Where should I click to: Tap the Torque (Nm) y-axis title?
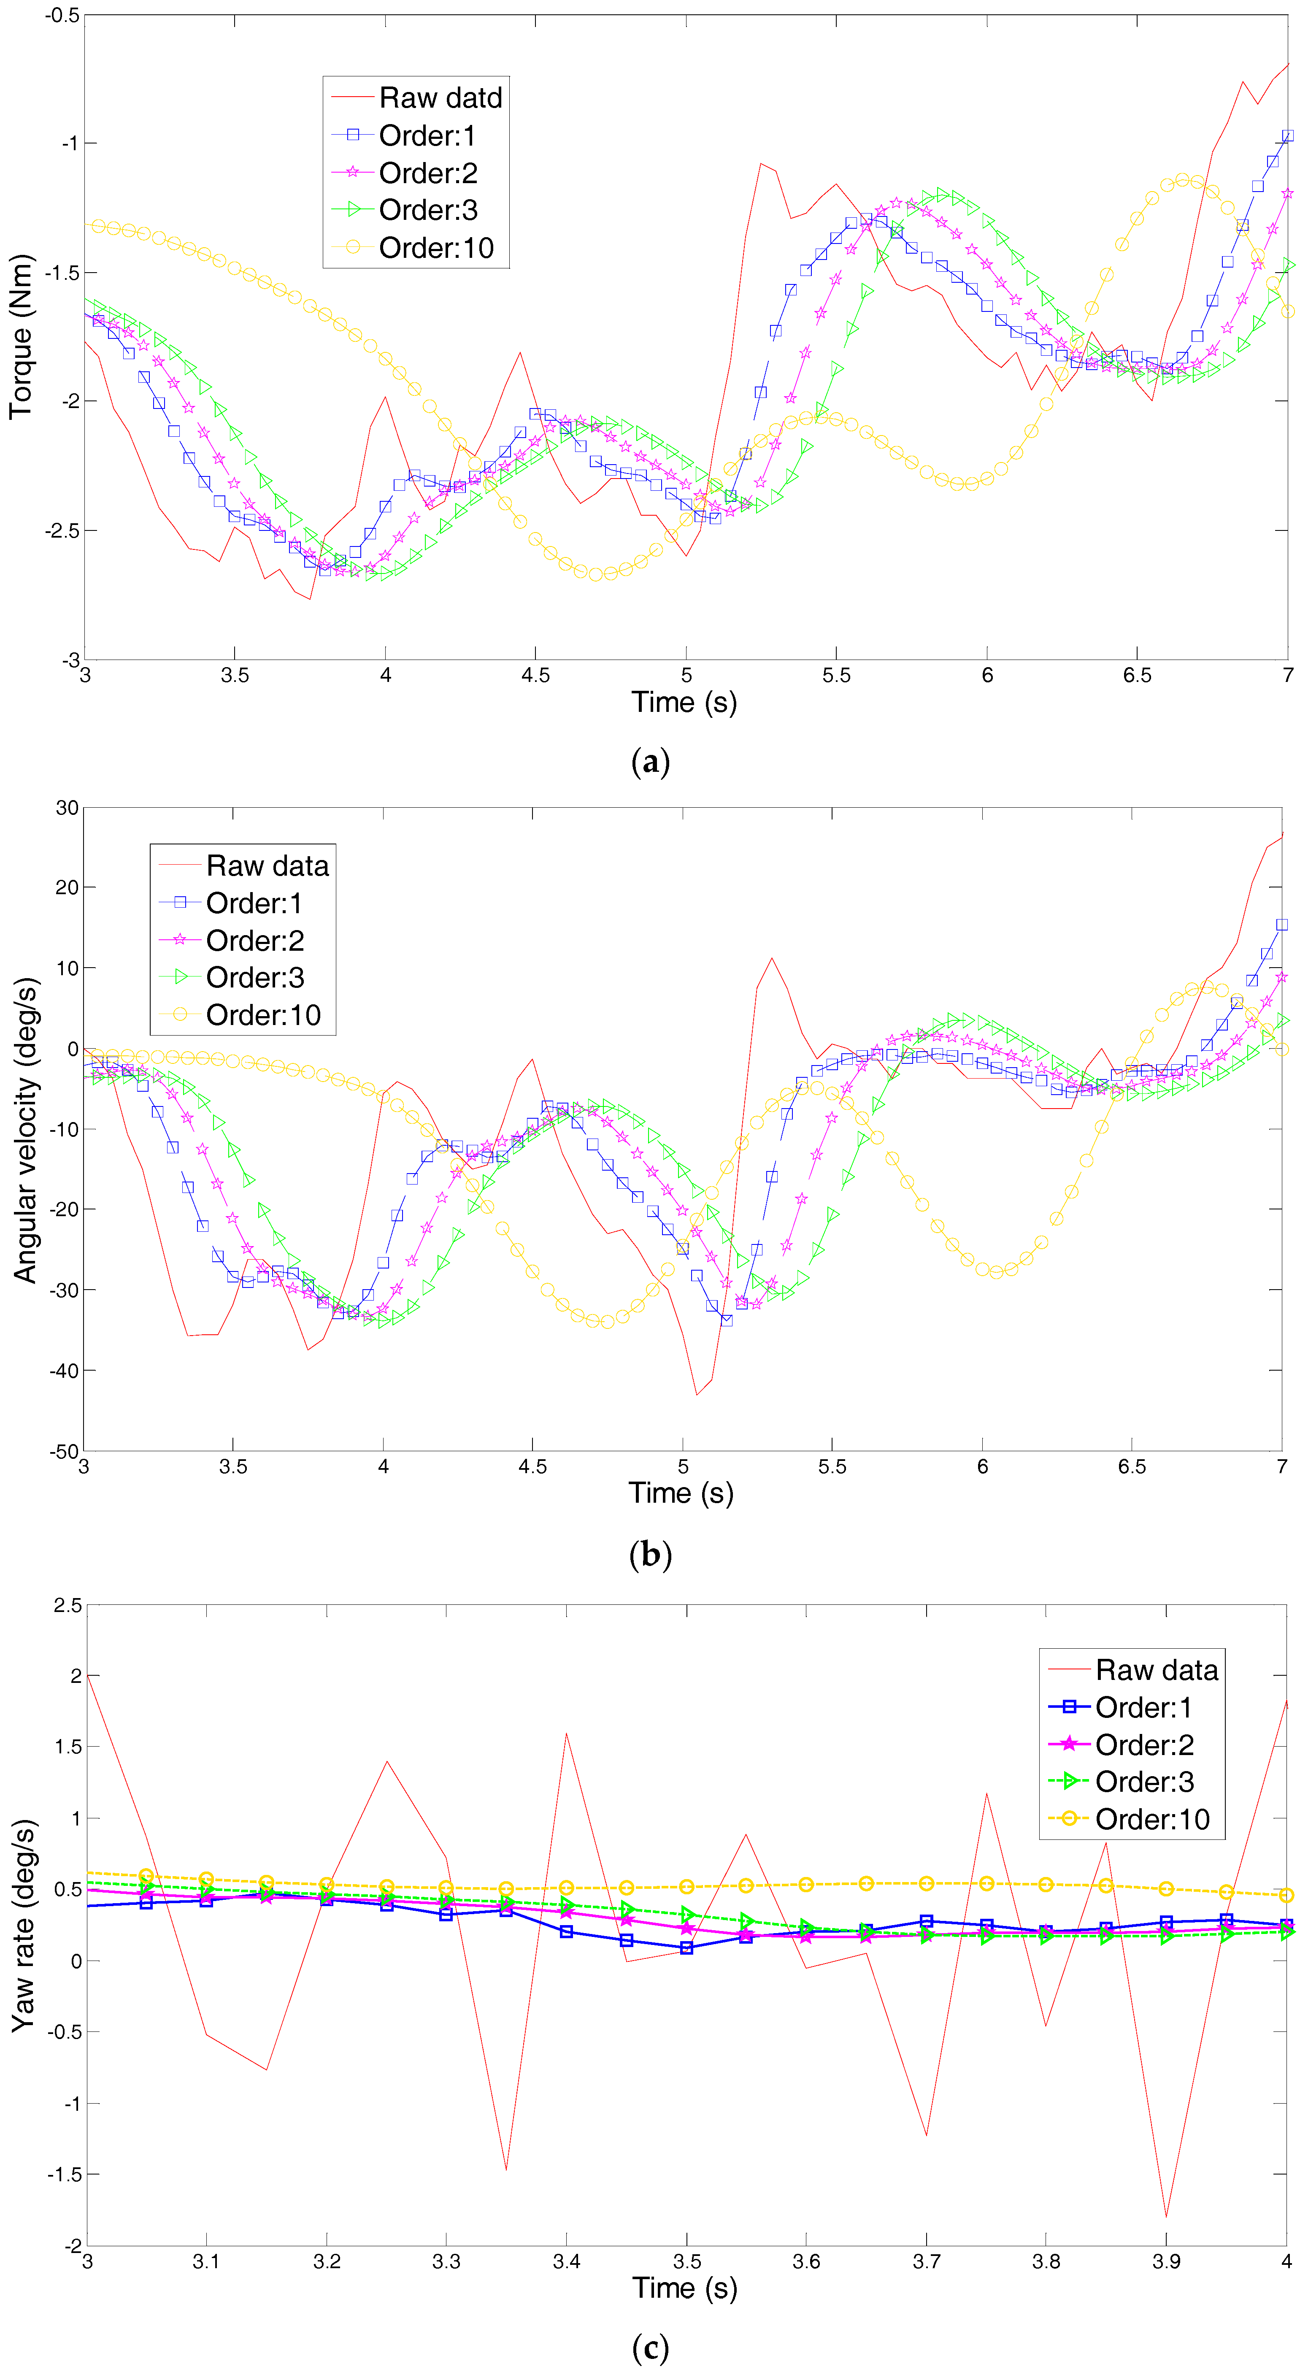pyautogui.click(x=20, y=337)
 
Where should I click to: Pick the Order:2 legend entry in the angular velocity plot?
pyautogui.click(x=254, y=940)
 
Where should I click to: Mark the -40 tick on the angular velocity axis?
pyautogui.click(x=65, y=1370)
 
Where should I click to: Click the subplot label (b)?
pyautogui.click(x=650, y=1554)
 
